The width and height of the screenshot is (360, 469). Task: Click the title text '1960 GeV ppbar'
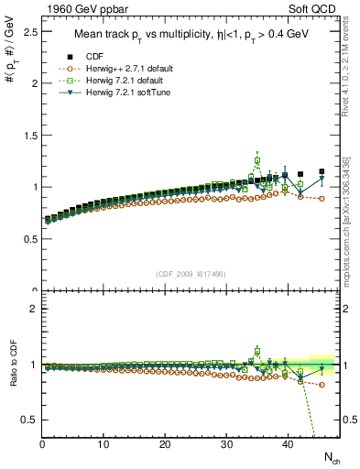(x=82, y=10)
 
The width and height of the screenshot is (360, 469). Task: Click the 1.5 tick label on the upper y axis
(x=29, y=135)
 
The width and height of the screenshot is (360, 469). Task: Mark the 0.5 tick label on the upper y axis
(x=29, y=239)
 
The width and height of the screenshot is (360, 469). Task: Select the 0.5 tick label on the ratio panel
(x=29, y=420)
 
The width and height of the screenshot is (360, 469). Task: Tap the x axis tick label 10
(x=104, y=444)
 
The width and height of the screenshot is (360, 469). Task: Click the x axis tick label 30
(x=226, y=444)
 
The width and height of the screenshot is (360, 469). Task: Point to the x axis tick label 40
(x=288, y=444)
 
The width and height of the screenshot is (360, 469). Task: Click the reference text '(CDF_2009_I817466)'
(x=191, y=274)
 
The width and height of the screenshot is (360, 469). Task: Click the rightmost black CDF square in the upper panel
(x=322, y=171)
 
